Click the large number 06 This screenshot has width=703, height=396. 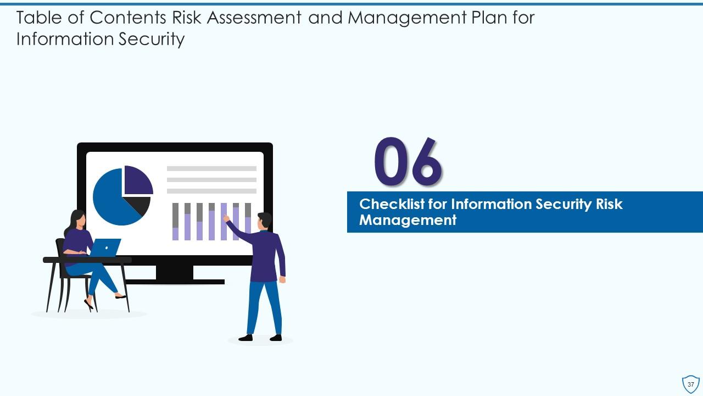408,162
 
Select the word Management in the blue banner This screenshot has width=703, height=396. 408,221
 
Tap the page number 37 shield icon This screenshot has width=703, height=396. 690,384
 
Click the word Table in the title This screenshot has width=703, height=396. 36,18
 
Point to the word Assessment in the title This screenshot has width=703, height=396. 248,18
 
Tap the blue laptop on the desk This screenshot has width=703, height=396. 105,248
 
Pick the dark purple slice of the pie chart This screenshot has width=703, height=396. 137,180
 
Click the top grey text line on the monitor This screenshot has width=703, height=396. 211,168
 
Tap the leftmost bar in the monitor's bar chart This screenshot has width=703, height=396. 176,222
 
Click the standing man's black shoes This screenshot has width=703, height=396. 260,337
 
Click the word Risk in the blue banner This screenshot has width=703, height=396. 609,204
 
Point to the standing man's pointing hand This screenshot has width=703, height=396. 226,218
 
